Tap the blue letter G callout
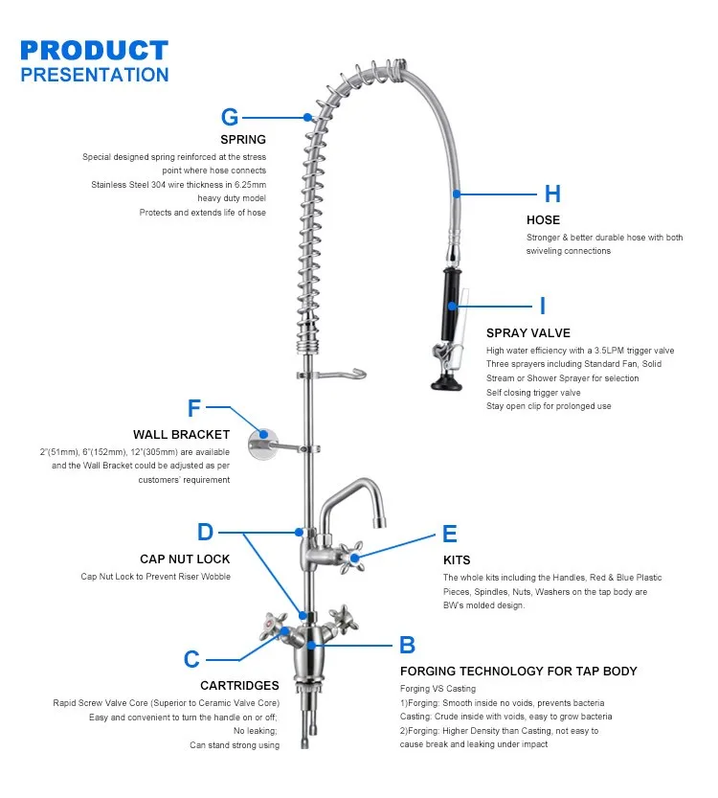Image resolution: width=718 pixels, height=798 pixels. point(230,117)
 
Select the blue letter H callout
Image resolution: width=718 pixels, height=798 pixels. point(552,194)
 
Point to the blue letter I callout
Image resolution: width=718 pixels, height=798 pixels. point(543,307)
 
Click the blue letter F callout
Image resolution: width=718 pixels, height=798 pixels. point(194,409)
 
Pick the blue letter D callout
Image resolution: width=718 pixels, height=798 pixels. point(205,532)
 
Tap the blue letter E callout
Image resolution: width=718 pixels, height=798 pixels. point(449,535)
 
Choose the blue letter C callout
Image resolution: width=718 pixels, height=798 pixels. point(191,659)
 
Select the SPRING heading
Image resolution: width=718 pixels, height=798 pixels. point(243,140)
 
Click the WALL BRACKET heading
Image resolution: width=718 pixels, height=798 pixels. point(181,435)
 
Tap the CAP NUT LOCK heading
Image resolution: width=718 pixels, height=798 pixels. point(185,559)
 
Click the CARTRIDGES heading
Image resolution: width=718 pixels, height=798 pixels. point(239,685)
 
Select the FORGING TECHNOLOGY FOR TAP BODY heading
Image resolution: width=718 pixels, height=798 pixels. point(518,671)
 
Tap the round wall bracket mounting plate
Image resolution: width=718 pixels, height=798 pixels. point(260,443)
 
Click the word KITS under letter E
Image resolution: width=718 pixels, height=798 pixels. point(457,559)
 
